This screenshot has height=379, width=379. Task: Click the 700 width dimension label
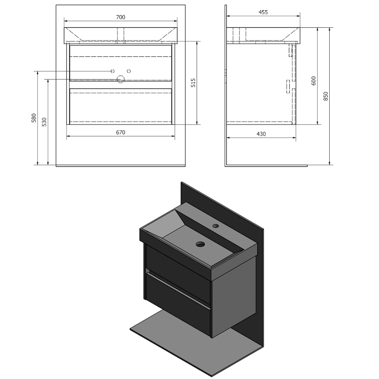point(120,17)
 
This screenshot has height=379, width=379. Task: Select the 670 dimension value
point(120,133)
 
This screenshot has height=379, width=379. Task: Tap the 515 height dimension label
point(193,83)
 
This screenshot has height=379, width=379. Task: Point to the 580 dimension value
point(34,118)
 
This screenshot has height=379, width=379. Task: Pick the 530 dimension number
point(44,122)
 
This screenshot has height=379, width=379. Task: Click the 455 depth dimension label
point(263,12)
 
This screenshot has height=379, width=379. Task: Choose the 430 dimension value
point(261,134)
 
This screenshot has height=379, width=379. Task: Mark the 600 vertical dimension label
point(314,81)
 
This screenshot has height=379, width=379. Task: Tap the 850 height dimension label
point(326,96)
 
